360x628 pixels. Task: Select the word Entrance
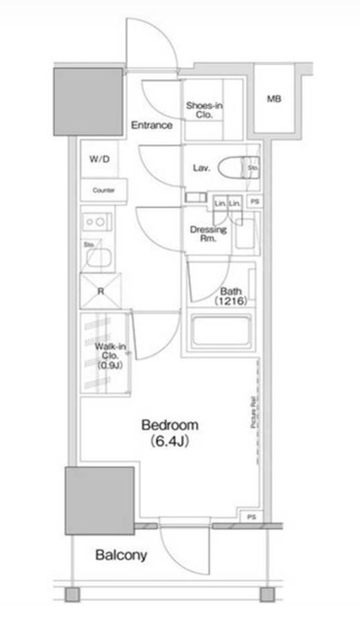151,126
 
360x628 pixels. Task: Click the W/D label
99,159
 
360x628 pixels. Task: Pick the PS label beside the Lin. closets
254,203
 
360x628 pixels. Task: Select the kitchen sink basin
100,257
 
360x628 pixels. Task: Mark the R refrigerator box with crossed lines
100,290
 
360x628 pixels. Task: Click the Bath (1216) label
231,296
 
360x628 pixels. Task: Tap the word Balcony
121,554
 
